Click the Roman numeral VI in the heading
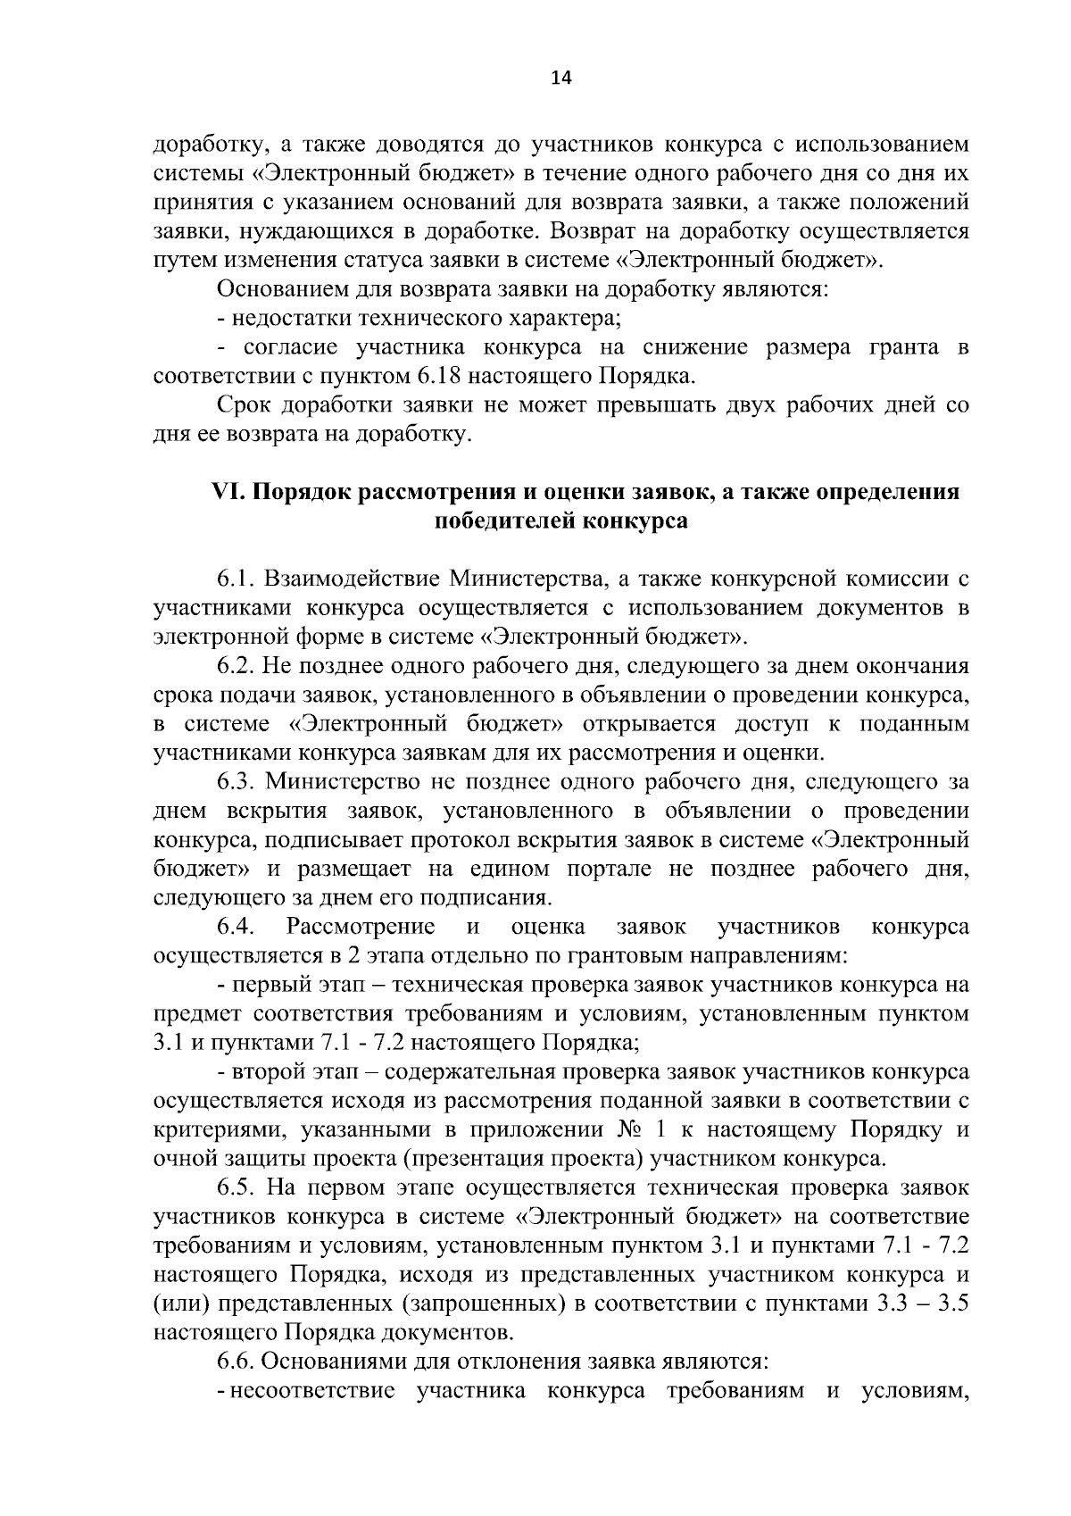[222, 492]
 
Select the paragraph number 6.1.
[237, 579]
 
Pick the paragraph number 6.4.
[237, 926]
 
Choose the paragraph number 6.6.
[237, 1362]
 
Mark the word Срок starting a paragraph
[244, 405]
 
